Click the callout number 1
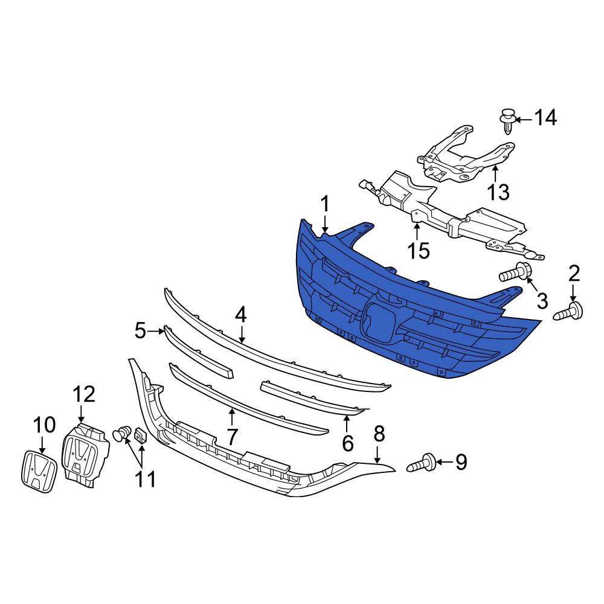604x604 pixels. (x=325, y=205)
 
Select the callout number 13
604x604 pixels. (x=499, y=192)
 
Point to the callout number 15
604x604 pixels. (x=418, y=250)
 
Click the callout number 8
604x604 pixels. (x=379, y=433)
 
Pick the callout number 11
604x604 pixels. (x=145, y=479)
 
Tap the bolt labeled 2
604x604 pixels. (x=568, y=313)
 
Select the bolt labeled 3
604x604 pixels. (x=514, y=275)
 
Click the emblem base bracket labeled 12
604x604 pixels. (x=87, y=453)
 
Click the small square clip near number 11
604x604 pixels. (x=140, y=435)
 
